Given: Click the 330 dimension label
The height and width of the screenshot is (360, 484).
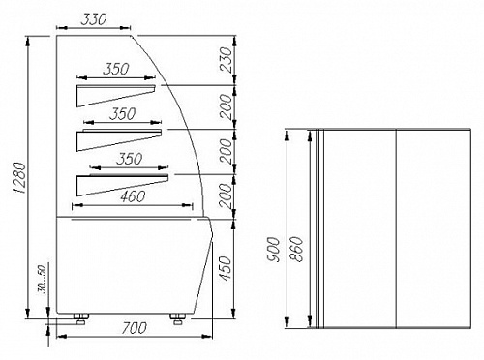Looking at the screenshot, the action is (x=93, y=19).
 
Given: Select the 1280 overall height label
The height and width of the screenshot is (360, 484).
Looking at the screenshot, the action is (x=20, y=178).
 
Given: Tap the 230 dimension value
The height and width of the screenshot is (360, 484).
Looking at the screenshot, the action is (x=226, y=59).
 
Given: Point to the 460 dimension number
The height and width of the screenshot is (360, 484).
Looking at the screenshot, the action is (x=133, y=196).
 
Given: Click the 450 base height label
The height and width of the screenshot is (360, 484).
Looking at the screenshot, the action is (x=226, y=268).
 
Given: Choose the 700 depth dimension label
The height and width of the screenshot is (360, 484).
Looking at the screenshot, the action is (x=135, y=328).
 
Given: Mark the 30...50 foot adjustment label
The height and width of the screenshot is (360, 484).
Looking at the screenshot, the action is (x=43, y=280).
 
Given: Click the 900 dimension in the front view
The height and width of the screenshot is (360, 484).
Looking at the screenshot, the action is (x=274, y=250).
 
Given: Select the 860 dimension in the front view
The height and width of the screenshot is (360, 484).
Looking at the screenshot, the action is (x=296, y=249).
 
